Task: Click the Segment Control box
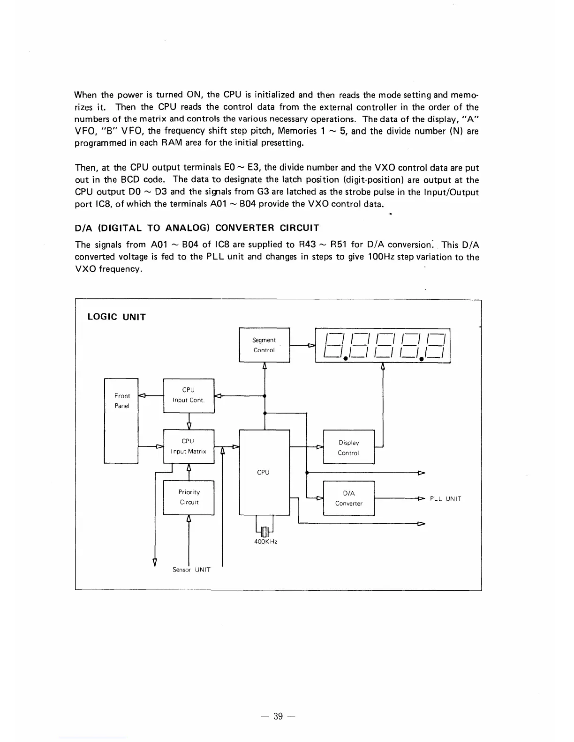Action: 264,345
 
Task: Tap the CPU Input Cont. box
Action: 189,395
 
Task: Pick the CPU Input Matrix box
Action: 189,446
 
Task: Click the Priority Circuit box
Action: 189,497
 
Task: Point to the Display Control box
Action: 349,447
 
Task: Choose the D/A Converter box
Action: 349,498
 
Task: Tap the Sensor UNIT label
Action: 191,570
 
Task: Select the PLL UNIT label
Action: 446,498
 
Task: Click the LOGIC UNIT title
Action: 117,317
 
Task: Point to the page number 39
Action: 279,716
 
